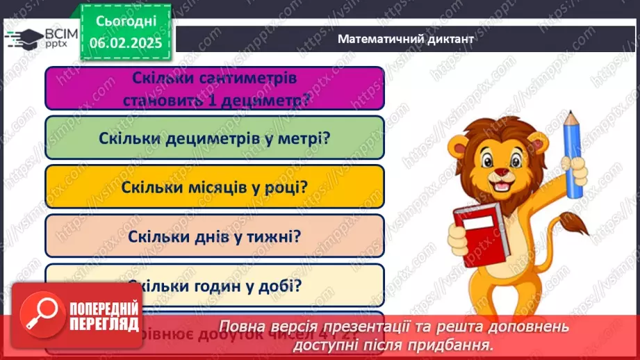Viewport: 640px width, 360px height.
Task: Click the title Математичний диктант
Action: tap(405, 39)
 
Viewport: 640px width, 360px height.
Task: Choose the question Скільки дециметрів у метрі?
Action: tap(214, 137)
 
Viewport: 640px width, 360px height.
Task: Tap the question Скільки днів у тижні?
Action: tap(214, 236)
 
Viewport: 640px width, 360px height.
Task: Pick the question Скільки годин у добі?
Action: tap(214, 284)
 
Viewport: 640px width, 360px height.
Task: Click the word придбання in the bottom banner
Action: tap(459, 343)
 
